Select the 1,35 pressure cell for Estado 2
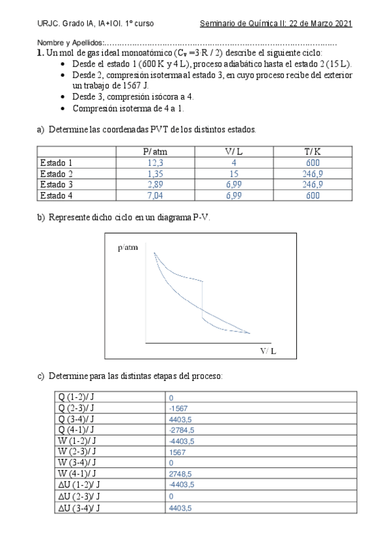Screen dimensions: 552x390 (155, 174)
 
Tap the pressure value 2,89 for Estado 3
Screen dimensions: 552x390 (155, 184)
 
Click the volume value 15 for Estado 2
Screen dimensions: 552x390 (233, 174)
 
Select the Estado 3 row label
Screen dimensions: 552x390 (56, 184)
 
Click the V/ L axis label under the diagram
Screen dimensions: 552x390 (268, 351)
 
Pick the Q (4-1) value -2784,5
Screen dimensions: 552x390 (182, 430)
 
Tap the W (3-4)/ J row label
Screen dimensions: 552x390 (77, 463)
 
